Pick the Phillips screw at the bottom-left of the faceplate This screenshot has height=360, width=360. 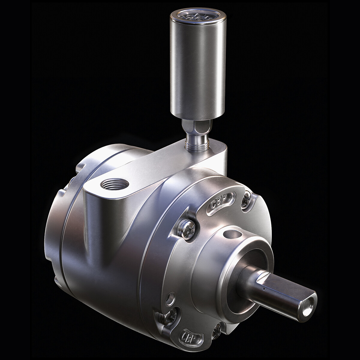click(x=166, y=316)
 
